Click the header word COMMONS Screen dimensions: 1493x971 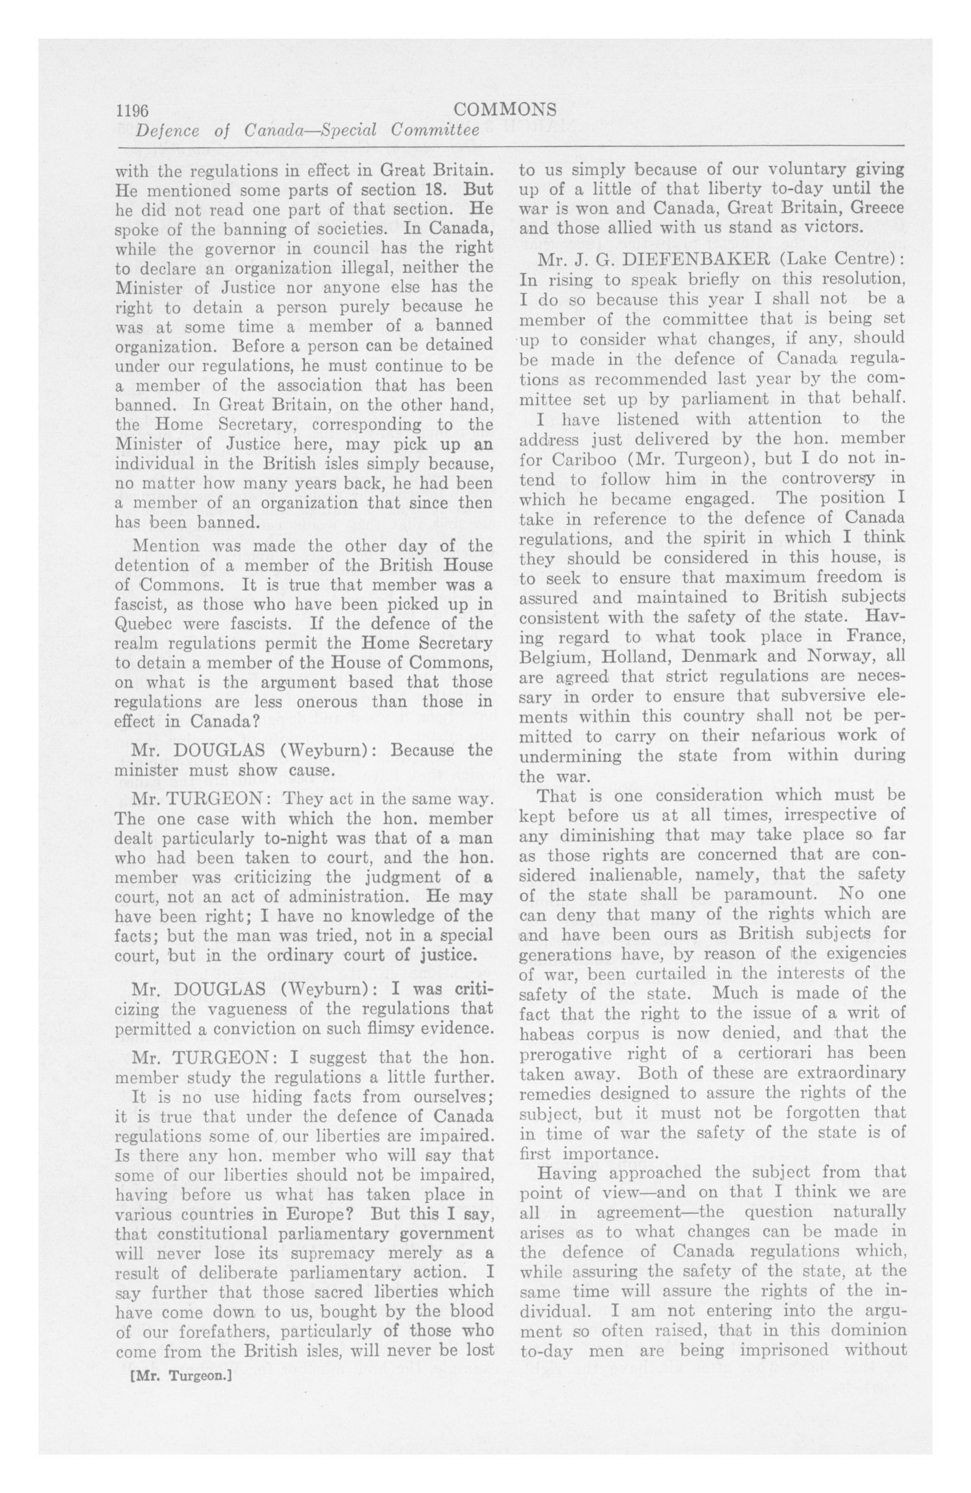[505, 110]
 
